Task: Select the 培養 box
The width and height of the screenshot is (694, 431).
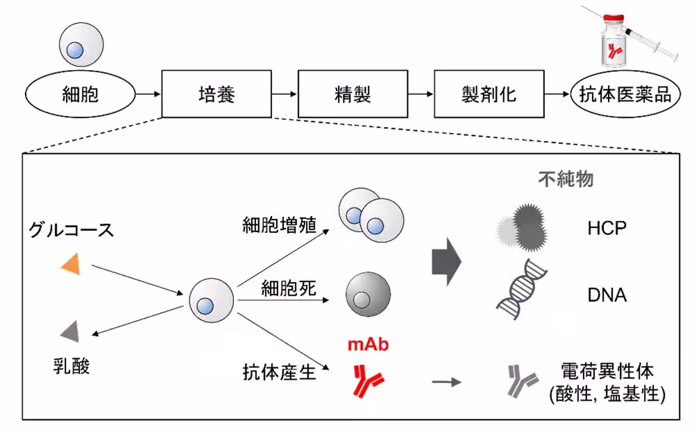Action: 217,94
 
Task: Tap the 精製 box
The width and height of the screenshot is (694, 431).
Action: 353,94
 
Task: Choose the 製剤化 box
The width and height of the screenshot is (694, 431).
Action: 489,94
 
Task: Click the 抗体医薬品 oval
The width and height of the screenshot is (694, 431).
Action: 626,94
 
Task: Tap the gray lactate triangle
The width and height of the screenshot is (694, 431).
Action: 69,333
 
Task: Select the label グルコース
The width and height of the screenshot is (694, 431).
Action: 71,230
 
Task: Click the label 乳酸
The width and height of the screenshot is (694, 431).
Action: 71,365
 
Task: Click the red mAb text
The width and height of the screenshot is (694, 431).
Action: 366,344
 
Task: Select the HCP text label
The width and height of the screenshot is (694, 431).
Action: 607,227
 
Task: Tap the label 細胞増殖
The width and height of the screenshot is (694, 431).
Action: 279,225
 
